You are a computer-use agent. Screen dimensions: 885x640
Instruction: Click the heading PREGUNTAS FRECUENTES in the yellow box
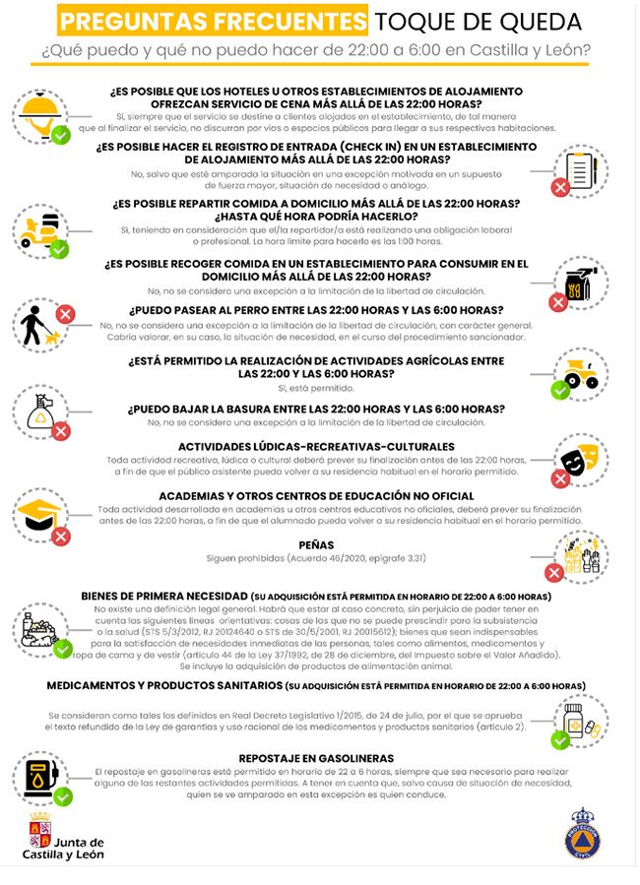[x=213, y=20]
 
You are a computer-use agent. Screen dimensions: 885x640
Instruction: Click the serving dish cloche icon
[x=39, y=108]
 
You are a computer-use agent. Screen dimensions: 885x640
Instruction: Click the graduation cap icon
[x=39, y=512]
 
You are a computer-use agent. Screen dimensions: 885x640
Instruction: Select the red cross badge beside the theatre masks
[x=560, y=478]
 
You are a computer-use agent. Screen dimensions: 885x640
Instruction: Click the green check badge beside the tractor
[x=560, y=391]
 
